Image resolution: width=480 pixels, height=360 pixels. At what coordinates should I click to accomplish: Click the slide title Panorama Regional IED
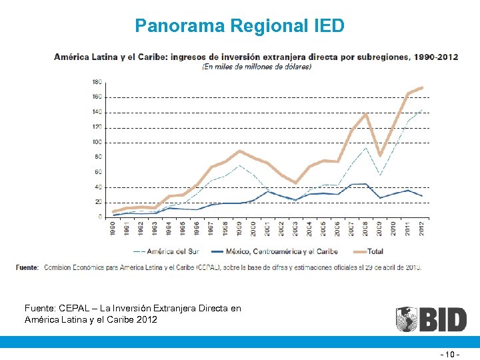tap(239, 26)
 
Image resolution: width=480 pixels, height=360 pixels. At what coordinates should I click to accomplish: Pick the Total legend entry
tap(375, 251)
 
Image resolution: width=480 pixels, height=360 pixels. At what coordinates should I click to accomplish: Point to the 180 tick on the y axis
tap(97, 82)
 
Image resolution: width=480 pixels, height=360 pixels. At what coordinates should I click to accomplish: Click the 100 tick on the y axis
tap(97, 142)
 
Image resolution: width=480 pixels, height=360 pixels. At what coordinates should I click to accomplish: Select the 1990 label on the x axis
tap(114, 228)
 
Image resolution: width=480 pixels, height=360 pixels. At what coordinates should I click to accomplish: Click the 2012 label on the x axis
tap(422, 228)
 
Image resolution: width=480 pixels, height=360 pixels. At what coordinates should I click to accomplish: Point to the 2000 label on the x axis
tap(254, 228)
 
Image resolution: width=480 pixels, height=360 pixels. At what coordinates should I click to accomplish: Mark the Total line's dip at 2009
tap(380, 155)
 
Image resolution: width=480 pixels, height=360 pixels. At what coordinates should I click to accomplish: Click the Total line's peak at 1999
tap(240, 151)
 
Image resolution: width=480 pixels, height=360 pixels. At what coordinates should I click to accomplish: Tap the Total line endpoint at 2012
tap(422, 88)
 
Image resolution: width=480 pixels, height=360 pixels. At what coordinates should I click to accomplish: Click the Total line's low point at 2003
tap(296, 183)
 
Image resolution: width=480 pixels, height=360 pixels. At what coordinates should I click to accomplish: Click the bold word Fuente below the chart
tap(27, 267)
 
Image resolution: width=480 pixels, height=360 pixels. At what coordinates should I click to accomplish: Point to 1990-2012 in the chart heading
tap(435, 57)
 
